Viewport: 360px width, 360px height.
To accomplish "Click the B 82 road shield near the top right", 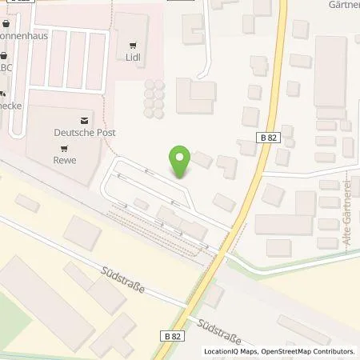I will [269, 139].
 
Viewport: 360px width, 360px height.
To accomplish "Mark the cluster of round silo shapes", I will [152, 98].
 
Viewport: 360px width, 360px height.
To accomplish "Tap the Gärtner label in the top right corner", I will [342, 4].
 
